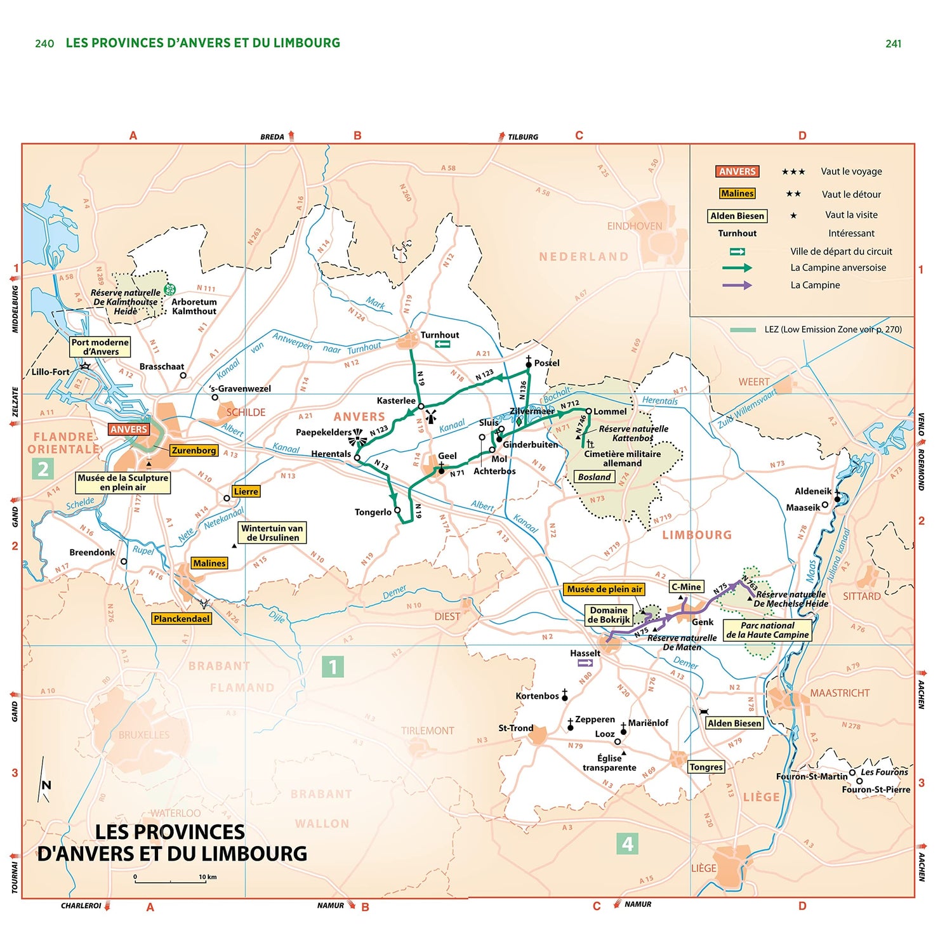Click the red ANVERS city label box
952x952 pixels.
coord(128,430)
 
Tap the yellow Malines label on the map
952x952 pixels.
coord(209,563)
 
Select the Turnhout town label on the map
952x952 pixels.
coord(439,335)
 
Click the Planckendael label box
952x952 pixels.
coord(181,619)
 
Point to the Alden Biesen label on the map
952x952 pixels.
coord(734,724)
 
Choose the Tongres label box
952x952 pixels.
coord(706,767)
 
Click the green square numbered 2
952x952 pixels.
coord(43,469)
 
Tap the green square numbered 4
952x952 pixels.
coord(627,843)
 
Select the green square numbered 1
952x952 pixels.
coord(333,666)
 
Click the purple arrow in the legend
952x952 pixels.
coord(737,285)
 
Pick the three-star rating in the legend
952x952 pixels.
coord(793,172)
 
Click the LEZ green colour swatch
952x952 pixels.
coord(743,329)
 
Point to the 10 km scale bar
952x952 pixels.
coord(170,882)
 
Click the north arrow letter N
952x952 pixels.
coord(46,785)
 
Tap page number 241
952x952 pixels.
coord(893,44)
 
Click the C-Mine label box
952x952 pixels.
coord(686,587)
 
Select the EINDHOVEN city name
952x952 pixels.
coord(634,226)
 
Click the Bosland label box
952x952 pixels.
coord(594,477)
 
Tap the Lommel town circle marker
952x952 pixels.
coord(588,411)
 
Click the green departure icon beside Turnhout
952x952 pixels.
coord(442,344)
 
